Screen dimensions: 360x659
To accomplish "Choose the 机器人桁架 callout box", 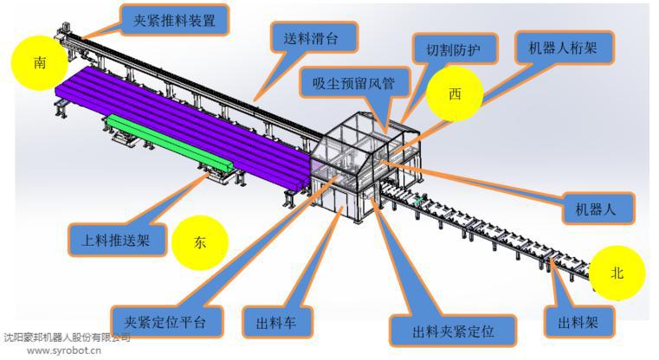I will tap(563, 47).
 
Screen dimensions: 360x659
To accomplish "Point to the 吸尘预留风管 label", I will tap(351, 84).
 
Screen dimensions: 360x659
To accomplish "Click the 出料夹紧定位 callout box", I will tap(453, 329).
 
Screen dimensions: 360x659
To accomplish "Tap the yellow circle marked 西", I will tap(454, 93).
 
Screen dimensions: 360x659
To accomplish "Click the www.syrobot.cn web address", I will tap(64, 350).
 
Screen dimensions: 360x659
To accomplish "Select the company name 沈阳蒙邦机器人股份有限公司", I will tap(66, 337).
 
